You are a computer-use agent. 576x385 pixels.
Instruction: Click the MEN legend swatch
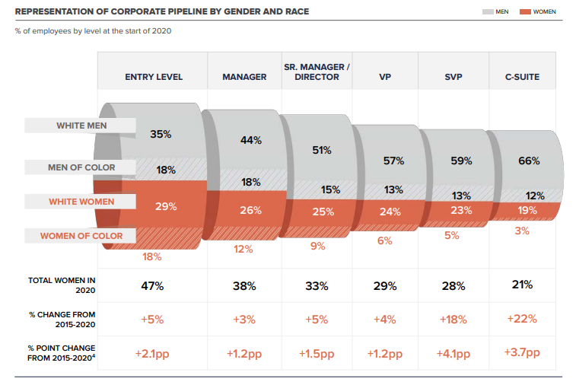[x=488, y=12]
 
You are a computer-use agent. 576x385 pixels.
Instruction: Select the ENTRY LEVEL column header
[x=154, y=77]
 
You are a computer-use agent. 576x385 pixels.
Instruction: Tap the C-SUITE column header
[x=522, y=77]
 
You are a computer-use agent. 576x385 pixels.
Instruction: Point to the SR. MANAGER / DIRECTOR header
[x=316, y=72]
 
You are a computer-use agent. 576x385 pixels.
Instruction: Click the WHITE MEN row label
[x=81, y=126]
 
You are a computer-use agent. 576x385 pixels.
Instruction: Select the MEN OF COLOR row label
[x=81, y=167]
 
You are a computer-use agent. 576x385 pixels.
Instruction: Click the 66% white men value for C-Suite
[x=529, y=161]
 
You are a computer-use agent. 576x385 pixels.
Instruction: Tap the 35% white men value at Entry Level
[x=161, y=134]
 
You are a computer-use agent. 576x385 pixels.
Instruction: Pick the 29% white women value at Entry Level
[x=166, y=206]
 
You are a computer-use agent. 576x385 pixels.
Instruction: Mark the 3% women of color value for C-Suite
[x=521, y=231]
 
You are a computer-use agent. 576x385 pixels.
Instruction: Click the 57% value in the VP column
[x=393, y=161]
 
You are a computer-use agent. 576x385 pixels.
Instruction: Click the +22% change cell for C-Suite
[x=522, y=318]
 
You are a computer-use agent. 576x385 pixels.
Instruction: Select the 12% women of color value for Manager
[x=243, y=249]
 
